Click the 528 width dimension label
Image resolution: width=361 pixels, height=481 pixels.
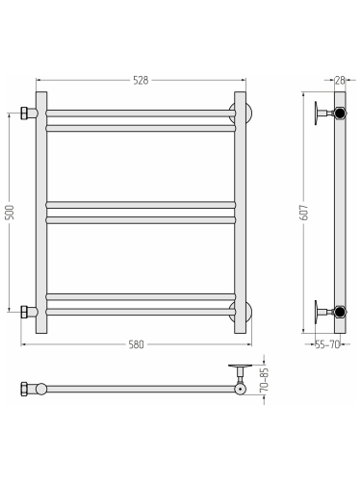click(x=141, y=80)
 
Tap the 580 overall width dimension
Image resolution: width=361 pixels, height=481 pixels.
click(x=136, y=344)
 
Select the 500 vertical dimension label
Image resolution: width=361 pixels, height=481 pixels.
click(x=10, y=213)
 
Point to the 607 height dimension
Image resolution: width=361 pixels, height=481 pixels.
click(x=304, y=213)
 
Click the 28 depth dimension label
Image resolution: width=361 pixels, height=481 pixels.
click(x=340, y=80)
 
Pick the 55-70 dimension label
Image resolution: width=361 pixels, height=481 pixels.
click(x=327, y=344)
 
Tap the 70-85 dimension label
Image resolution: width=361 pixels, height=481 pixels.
click(x=264, y=380)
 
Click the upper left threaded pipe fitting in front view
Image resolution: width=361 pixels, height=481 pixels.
click(x=29, y=113)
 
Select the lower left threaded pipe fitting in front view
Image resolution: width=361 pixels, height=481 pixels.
click(x=29, y=312)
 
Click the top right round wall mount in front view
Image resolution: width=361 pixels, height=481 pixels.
click(x=241, y=113)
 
